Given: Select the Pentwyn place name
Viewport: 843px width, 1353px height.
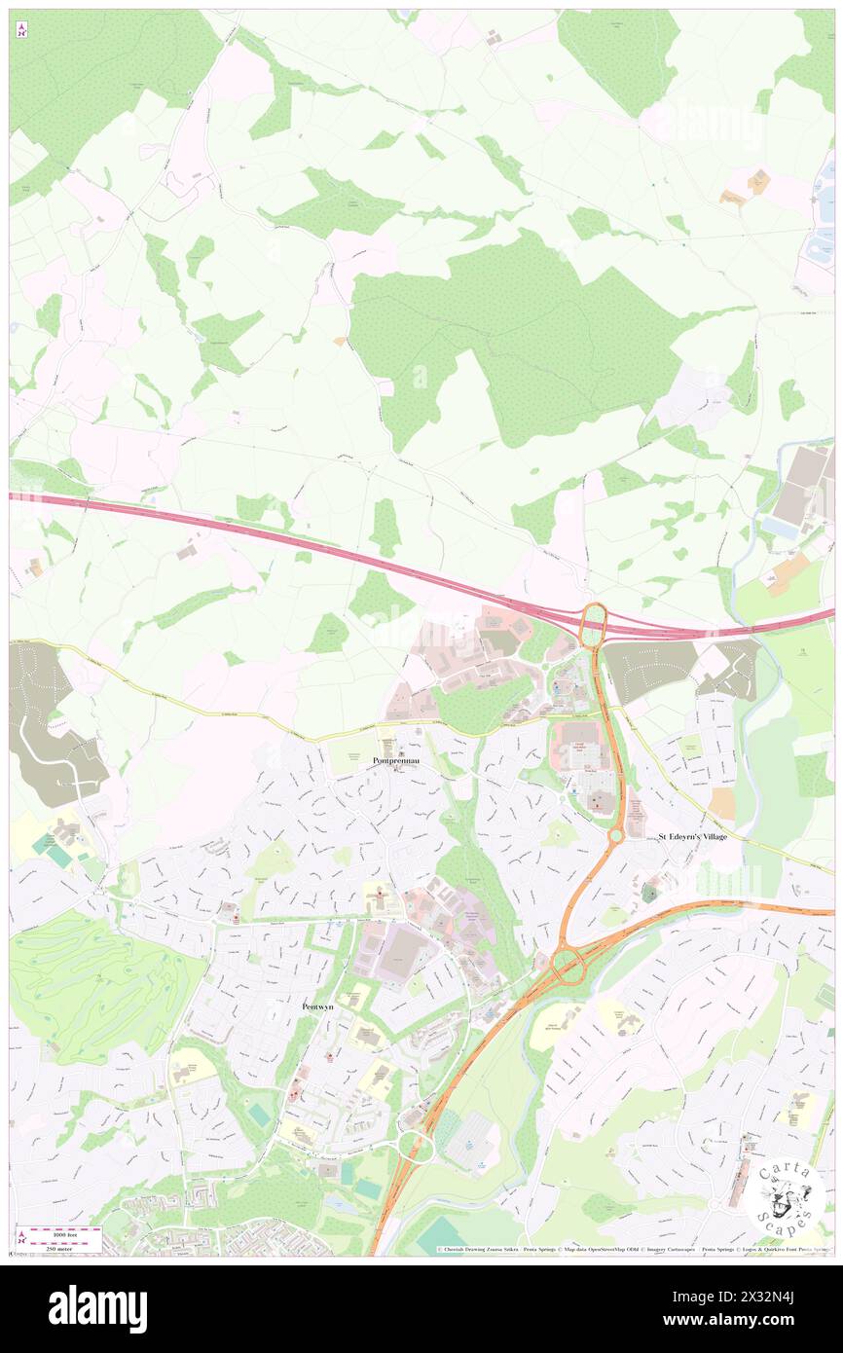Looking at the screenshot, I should click(x=318, y=1006).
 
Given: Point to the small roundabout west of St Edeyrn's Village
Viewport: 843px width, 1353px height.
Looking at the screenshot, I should click(x=616, y=835).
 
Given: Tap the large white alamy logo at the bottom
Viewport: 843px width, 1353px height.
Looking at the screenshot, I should click(x=97, y=1308).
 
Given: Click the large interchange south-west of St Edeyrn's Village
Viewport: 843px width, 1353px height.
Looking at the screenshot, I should click(x=568, y=965).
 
